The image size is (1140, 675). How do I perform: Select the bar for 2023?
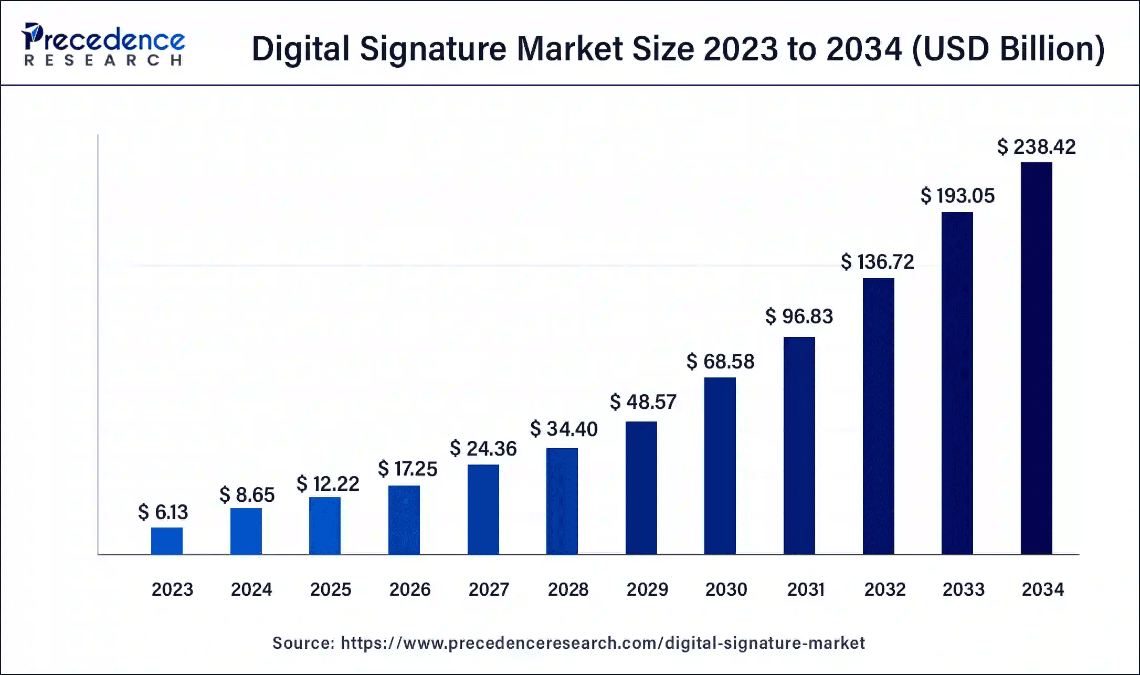(x=167, y=541)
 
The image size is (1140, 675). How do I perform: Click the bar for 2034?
(x=1036, y=358)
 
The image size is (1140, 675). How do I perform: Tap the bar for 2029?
(x=641, y=488)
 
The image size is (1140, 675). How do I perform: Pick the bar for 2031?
(x=799, y=445)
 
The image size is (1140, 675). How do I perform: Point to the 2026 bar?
(x=404, y=520)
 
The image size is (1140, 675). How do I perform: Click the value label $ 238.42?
(x=1036, y=147)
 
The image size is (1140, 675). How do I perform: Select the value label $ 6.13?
(x=163, y=512)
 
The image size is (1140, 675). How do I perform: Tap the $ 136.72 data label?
(x=877, y=261)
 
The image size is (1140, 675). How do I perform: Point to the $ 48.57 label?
(x=643, y=402)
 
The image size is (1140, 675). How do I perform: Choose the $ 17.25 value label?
(x=407, y=469)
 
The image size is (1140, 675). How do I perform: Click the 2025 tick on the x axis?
(x=330, y=589)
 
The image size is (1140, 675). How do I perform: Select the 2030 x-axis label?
(x=726, y=589)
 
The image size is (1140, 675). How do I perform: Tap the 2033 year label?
(x=963, y=589)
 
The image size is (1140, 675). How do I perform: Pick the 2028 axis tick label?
(x=568, y=589)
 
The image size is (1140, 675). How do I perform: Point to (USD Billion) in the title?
(x=1008, y=49)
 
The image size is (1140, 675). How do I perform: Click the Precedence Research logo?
(x=103, y=45)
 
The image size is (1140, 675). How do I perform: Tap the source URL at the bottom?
(x=603, y=643)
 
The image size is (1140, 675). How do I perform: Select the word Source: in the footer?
(x=303, y=643)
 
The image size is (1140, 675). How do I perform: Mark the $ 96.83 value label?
(x=799, y=317)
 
